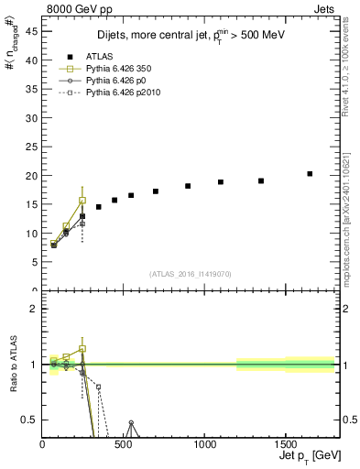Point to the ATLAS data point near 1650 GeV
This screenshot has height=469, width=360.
pyautogui.click(x=310, y=173)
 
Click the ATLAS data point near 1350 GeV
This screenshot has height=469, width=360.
pyautogui.click(x=261, y=180)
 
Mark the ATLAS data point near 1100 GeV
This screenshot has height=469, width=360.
pyautogui.click(x=221, y=182)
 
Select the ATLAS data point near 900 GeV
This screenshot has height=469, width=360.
pyautogui.click(x=188, y=186)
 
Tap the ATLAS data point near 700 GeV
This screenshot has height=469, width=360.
pyautogui.click(x=156, y=191)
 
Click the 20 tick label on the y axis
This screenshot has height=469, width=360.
pyautogui.click(x=32, y=176)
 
